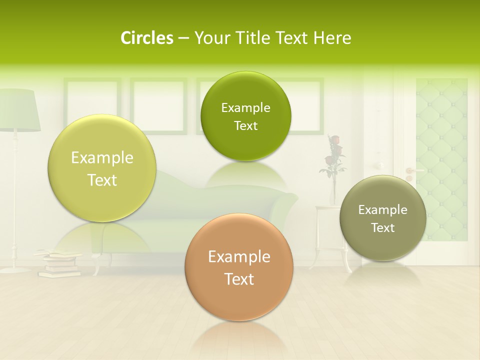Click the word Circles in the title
click(146, 38)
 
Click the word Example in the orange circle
click(239, 257)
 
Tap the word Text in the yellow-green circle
click(102, 180)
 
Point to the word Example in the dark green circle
click(245, 108)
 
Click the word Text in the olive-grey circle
click(382, 228)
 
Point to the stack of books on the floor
click(59, 263)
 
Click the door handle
click(413, 171)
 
